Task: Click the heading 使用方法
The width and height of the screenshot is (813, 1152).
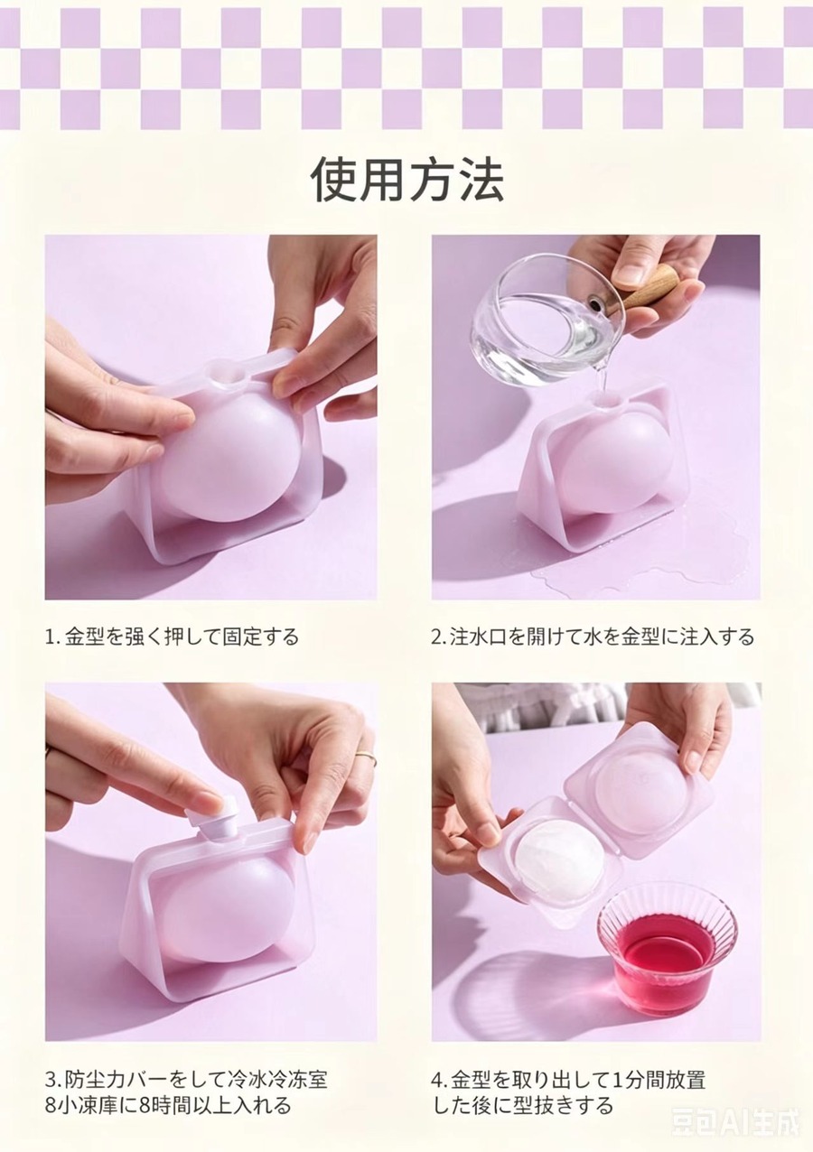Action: coord(407,180)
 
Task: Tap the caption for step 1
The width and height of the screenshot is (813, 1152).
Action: coord(172,636)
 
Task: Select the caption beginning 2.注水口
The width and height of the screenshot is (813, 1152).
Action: coord(593,636)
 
